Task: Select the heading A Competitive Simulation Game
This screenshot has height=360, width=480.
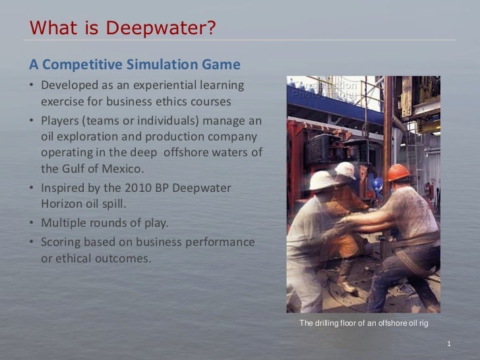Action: (134, 65)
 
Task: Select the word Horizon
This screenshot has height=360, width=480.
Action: (65, 204)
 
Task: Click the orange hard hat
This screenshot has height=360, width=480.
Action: (398, 172)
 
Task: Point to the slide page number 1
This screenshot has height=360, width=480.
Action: (448, 344)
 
